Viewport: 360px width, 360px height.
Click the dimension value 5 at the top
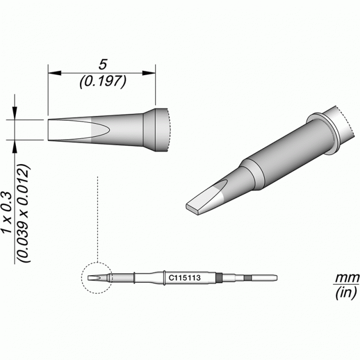pyautogui.click(x=103, y=65)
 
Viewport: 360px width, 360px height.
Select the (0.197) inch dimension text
pyautogui.click(x=103, y=82)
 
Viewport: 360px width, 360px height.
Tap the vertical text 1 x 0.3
pyautogui.click(x=7, y=212)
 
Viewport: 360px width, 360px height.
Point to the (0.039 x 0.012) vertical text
pyautogui.click(x=24, y=213)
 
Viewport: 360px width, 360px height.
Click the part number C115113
pyautogui.click(x=185, y=278)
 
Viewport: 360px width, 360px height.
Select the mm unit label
pyautogui.click(x=347, y=278)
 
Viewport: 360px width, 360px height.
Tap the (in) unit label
pyautogui.click(x=346, y=293)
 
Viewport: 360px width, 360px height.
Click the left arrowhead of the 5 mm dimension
pyautogui.click(x=55, y=73)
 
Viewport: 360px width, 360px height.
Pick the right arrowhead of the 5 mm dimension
pyautogui.click(x=149, y=73)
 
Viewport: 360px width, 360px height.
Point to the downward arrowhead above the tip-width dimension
pyautogui.click(x=15, y=113)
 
